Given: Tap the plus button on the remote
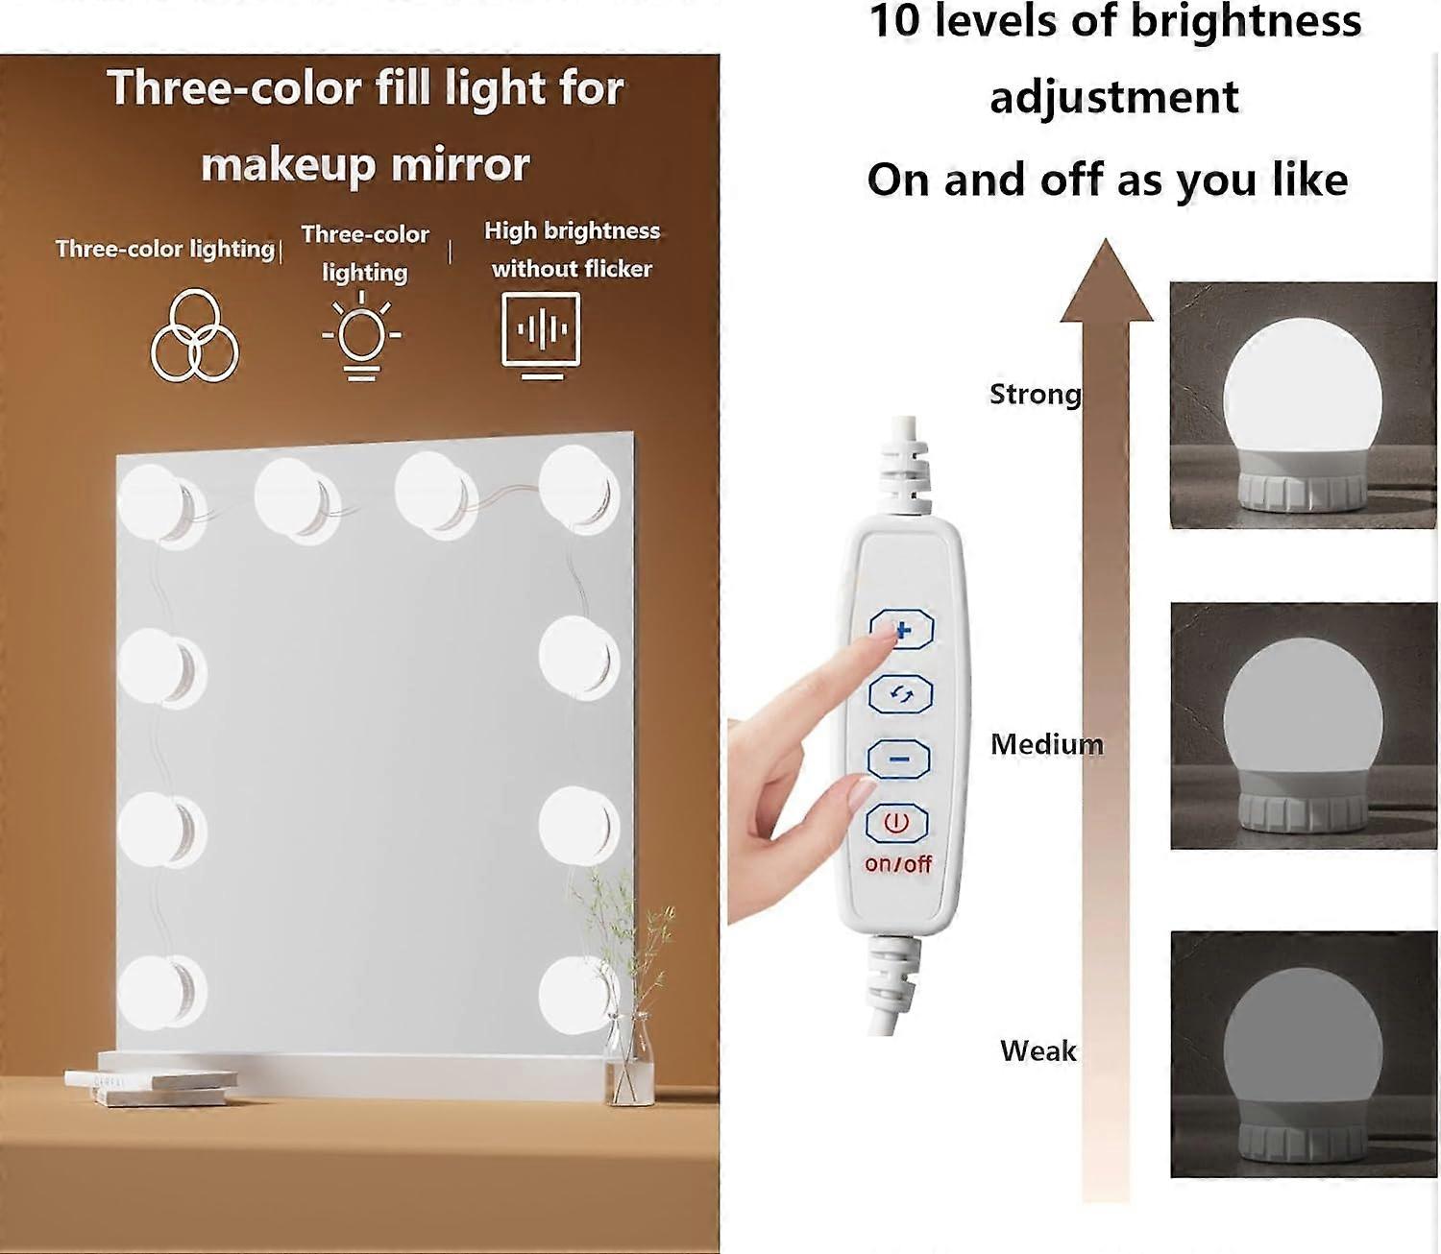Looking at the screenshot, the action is tap(901, 628).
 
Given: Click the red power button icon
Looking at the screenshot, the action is tap(896, 822).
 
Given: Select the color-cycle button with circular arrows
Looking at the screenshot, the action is tap(901, 694).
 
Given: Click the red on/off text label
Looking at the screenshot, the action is tap(898, 863).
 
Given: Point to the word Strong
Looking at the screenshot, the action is tap(1035, 394).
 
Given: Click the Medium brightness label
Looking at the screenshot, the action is tap(1046, 744).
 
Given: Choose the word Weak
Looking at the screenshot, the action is tap(1038, 1050).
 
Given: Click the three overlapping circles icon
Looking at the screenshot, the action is tap(194, 335).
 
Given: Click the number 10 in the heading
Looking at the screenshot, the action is tap(894, 21).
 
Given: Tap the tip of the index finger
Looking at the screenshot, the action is tap(891, 631).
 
